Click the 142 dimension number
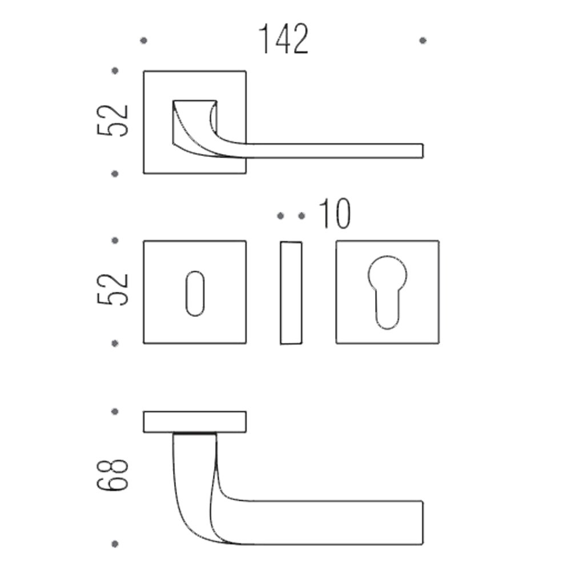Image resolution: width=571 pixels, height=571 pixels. click(x=283, y=39)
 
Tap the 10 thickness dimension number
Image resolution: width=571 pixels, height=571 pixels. click(x=335, y=214)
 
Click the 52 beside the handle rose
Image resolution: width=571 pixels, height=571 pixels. click(x=113, y=120)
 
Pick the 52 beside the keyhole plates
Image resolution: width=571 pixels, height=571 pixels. click(x=113, y=289)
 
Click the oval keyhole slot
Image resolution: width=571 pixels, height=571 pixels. click(x=195, y=293)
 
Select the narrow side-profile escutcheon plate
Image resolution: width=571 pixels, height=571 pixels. click(x=291, y=293)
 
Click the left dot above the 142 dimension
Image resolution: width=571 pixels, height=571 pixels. click(x=144, y=41)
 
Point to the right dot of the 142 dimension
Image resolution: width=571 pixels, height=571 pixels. click(x=423, y=41)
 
